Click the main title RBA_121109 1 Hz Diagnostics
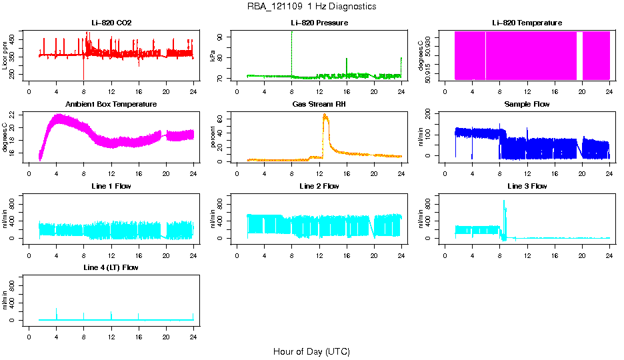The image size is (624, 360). point(311,7)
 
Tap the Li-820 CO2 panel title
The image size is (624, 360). point(111,23)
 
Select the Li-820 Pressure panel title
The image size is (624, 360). point(319,23)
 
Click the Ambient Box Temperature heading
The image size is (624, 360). point(111,105)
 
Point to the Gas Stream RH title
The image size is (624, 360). point(319,105)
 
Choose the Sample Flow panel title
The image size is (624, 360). point(527,105)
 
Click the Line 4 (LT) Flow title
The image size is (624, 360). point(111,267)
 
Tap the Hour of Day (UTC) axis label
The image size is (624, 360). point(311,351)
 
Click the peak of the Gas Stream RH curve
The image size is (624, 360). point(325,115)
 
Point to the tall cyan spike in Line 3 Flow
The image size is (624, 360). point(504,201)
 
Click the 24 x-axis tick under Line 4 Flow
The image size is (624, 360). point(193,337)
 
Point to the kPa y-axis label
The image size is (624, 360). point(213,56)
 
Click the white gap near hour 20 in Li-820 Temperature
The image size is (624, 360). point(579,56)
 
